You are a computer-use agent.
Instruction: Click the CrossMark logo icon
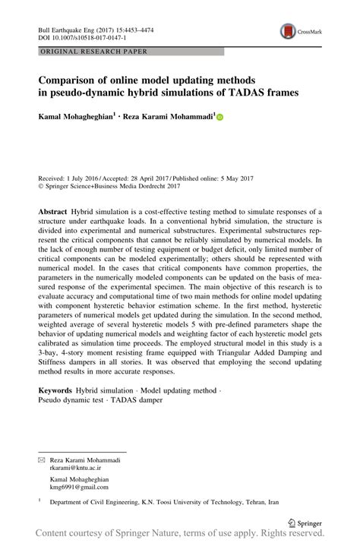289,31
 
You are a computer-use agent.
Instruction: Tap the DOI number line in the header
75,36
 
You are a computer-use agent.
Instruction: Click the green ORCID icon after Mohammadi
220,118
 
